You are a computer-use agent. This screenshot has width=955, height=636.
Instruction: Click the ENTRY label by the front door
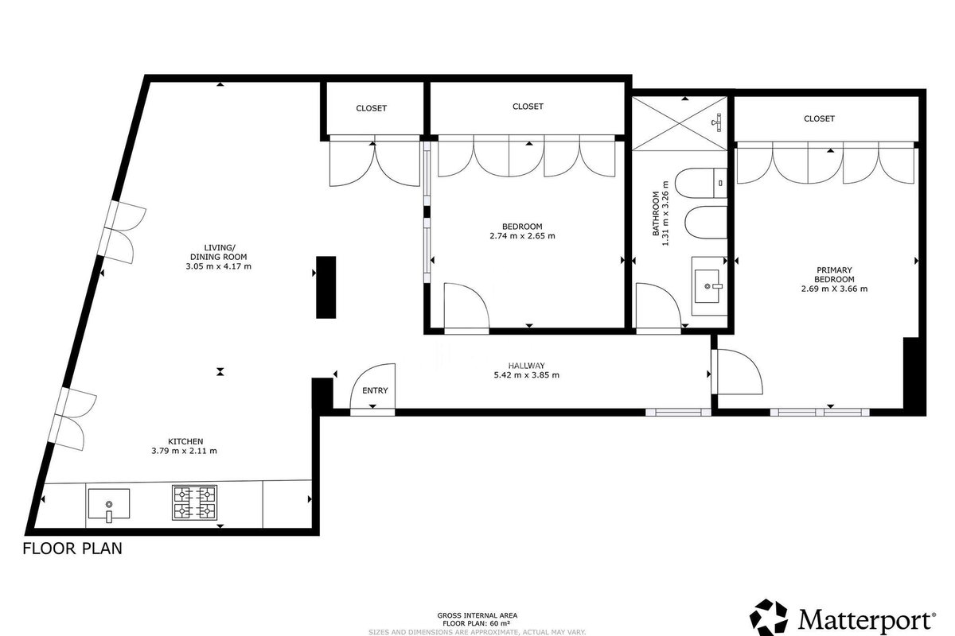[x=375, y=390]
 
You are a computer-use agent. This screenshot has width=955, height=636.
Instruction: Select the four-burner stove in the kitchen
[x=194, y=502]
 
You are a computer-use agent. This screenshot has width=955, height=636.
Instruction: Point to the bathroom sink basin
[x=708, y=286]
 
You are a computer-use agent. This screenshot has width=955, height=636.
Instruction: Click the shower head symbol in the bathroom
[x=718, y=122]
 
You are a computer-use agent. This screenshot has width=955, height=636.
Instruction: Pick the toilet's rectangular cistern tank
[x=720, y=183]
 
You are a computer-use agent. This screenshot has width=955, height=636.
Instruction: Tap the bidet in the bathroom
[x=706, y=223]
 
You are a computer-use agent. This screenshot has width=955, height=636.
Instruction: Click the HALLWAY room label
[x=526, y=366]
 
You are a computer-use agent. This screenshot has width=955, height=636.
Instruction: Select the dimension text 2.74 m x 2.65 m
[x=522, y=236]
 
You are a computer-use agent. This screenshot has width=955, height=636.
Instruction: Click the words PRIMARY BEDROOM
[x=834, y=275]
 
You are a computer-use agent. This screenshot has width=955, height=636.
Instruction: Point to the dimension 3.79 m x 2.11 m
[x=184, y=451]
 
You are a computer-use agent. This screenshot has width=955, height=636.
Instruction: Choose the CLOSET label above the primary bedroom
[x=819, y=118]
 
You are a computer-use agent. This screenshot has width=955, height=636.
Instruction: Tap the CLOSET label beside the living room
[x=372, y=108]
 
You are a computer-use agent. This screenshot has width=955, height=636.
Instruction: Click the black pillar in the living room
[x=325, y=287]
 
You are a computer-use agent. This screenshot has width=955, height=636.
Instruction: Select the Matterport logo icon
[x=768, y=618]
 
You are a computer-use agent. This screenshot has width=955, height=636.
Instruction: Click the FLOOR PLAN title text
[x=72, y=549]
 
